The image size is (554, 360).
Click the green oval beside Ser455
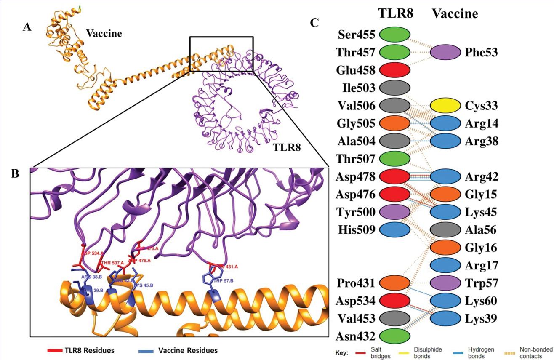(394, 34)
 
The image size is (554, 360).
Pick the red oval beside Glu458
(394, 69)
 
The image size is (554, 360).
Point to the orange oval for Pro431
(394, 283)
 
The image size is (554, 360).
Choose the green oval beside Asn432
(394, 336)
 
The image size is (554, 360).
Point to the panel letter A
(27, 28)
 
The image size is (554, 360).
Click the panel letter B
(15, 173)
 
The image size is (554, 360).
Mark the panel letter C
(314, 22)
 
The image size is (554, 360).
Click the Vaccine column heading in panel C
(455, 14)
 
